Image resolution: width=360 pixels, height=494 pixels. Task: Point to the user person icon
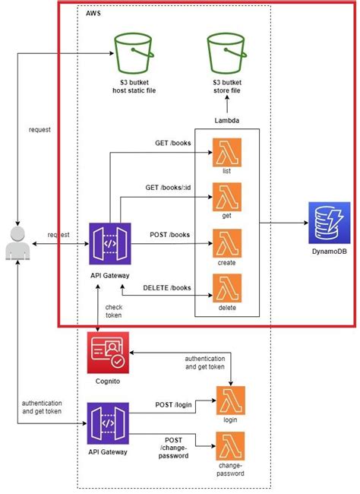17,243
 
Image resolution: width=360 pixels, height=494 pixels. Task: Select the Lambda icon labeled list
226,152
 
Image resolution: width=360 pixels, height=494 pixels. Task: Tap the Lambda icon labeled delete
226,289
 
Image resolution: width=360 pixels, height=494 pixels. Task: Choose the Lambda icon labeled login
230,400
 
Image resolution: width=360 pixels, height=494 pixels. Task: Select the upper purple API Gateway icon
109,243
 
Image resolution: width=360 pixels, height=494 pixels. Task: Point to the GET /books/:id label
169,187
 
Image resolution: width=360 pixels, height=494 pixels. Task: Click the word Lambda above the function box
226,121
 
